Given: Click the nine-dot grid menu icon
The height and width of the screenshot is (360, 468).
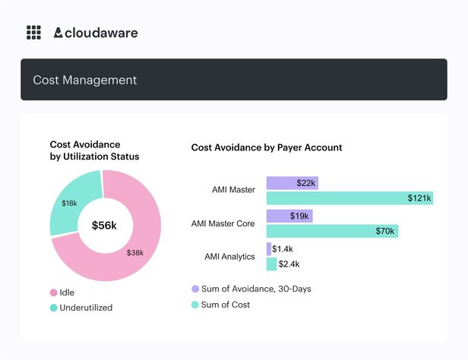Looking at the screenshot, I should pyautogui.click(x=33, y=33).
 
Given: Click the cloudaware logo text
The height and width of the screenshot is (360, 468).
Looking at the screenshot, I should pyautogui.click(x=101, y=33).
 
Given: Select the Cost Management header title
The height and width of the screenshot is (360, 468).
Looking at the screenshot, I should pyautogui.click(x=84, y=80).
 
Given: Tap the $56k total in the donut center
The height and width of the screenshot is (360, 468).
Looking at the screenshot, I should pyautogui.click(x=104, y=226).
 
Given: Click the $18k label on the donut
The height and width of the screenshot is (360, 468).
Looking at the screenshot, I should pyautogui.click(x=69, y=203).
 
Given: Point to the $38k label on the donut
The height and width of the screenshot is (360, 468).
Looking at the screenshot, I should pyautogui.click(x=135, y=253).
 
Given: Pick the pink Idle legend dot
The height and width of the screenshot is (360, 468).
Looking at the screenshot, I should pyautogui.click(x=54, y=292).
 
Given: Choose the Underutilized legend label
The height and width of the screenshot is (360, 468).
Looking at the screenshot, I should pyautogui.click(x=86, y=308).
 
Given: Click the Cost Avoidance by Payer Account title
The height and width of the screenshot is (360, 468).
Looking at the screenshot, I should pyautogui.click(x=266, y=147).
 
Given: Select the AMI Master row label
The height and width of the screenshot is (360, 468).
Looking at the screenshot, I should pyautogui.click(x=233, y=190).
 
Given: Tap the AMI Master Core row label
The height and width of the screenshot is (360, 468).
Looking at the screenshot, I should pyautogui.click(x=223, y=224).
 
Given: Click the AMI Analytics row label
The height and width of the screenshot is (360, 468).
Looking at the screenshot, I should pyautogui.click(x=229, y=257).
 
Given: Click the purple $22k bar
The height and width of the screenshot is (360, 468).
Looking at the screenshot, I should pyautogui.click(x=292, y=183).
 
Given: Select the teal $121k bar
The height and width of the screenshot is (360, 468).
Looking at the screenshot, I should pyautogui.click(x=349, y=198).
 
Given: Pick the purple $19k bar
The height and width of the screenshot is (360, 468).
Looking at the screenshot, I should pyautogui.click(x=289, y=216).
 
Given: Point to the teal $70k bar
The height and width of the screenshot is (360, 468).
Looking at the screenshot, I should pyautogui.click(x=332, y=231).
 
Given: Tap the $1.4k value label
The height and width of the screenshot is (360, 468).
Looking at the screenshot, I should pyautogui.click(x=283, y=248).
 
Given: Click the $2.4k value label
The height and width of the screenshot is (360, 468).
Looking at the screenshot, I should pyautogui.click(x=289, y=264).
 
